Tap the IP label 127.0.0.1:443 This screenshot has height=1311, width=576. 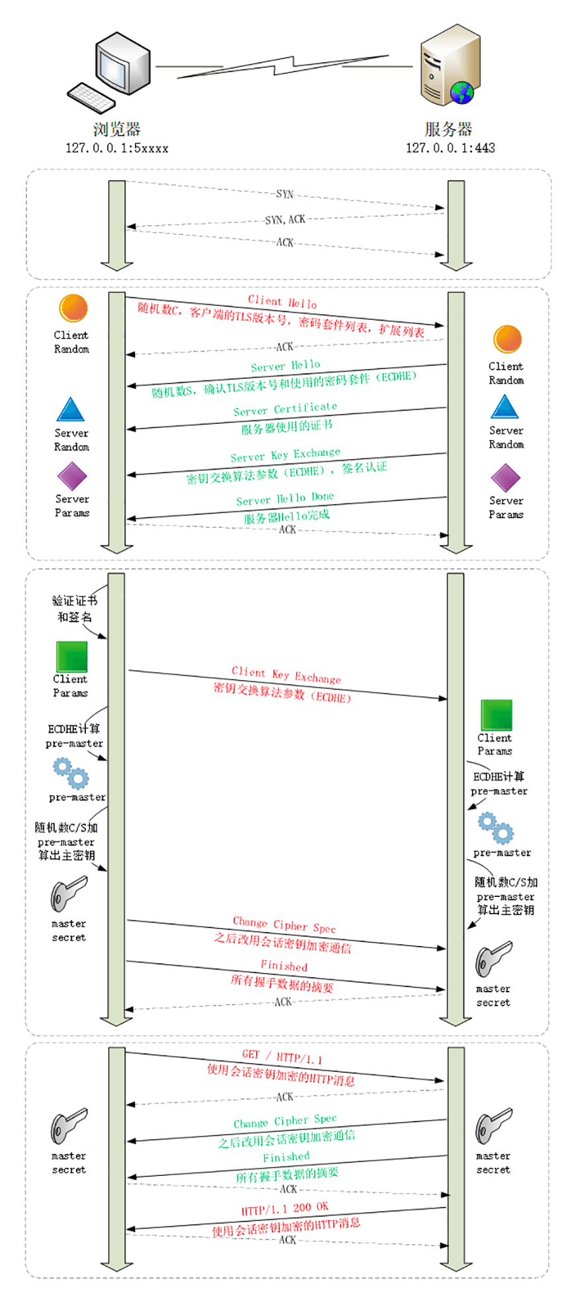[x=450, y=148]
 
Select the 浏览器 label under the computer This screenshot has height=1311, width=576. [x=117, y=129]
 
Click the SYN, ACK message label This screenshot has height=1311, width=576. [x=285, y=219]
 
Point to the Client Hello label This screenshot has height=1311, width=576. [x=283, y=302]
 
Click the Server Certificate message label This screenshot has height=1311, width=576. [x=285, y=409]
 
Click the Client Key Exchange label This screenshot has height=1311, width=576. [x=287, y=675]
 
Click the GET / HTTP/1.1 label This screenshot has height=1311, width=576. [x=282, y=1056]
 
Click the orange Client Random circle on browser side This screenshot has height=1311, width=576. [x=73, y=308]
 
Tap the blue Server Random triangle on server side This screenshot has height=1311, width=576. [x=504, y=407]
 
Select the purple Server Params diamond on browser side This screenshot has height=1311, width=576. [x=72, y=476]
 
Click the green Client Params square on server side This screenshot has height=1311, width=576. [x=496, y=715]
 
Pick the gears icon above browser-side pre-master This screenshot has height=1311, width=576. [x=71, y=773]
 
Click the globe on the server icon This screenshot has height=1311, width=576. [x=462, y=93]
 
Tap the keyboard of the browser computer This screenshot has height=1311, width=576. [x=92, y=97]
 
